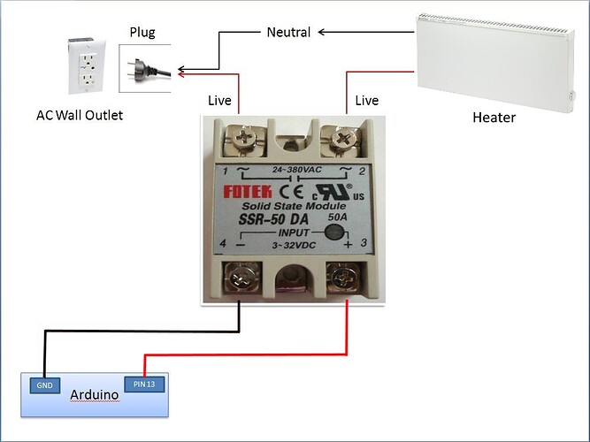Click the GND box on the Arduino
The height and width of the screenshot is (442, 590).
(44, 385)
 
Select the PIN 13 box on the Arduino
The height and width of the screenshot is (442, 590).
(144, 384)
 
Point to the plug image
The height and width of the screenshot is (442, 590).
(148, 68)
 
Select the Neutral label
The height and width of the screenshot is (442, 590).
(288, 33)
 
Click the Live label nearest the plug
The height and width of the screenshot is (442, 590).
(218, 101)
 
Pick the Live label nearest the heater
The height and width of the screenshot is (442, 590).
(366, 101)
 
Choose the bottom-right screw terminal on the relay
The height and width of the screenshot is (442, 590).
(344, 281)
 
